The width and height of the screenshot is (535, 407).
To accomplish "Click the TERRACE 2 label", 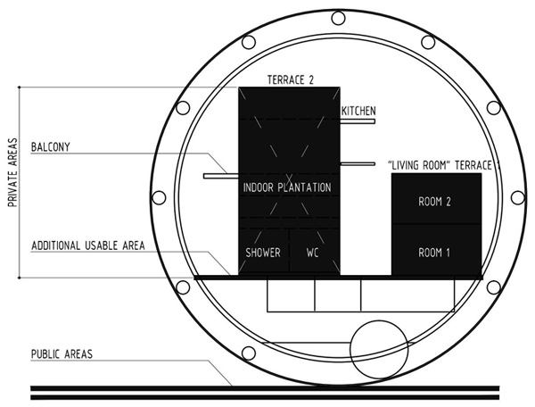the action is [x=291, y=80].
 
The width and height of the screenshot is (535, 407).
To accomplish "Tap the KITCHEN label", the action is [x=358, y=111].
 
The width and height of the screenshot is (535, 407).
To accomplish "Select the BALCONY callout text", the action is [x=51, y=147].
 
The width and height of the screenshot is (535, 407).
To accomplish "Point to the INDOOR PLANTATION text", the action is [x=287, y=187].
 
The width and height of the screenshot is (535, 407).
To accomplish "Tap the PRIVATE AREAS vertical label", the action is [x=13, y=172].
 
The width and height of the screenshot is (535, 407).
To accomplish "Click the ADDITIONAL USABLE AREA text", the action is [x=88, y=245].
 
